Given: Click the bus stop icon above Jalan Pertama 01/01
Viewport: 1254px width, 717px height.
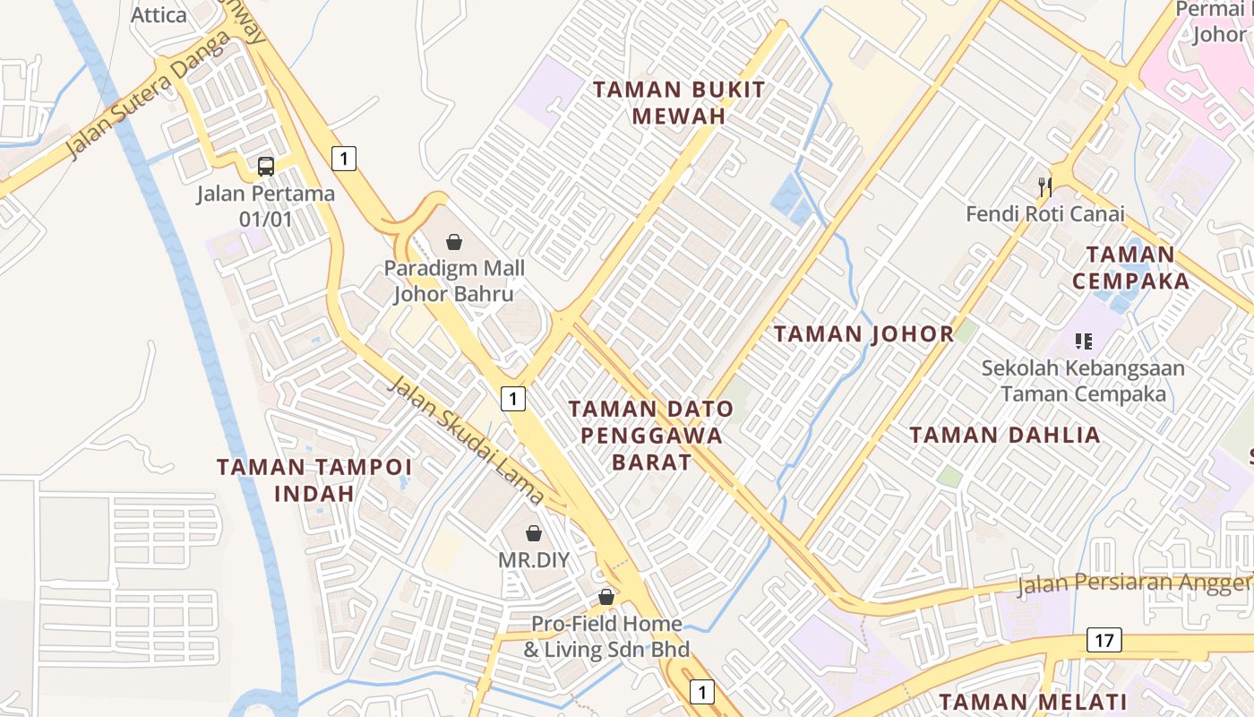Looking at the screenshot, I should click(x=266, y=166).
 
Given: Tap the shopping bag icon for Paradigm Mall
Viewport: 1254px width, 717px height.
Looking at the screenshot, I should click(x=454, y=242).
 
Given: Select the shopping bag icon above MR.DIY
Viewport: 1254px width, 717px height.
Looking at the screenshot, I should click(x=534, y=533).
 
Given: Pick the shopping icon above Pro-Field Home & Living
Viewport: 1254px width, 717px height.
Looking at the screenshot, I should click(x=606, y=597).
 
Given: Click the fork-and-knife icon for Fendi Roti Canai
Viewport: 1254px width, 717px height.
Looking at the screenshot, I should click(x=1044, y=187).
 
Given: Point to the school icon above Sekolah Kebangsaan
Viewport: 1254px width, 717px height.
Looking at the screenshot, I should click(x=1084, y=341).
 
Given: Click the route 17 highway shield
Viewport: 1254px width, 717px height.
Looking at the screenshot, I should click(x=1104, y=640).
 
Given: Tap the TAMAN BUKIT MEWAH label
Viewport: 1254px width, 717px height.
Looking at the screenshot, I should click(x=679, y=102).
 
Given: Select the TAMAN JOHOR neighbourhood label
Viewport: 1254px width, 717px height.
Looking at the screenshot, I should click(x=863, y=334).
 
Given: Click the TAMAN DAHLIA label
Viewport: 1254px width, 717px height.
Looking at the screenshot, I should click(x=1005, y=436).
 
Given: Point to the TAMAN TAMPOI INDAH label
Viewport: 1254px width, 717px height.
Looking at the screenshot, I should click(x=314, y=479).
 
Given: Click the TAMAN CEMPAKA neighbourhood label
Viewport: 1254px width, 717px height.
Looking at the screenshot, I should click(x=1130, y=267).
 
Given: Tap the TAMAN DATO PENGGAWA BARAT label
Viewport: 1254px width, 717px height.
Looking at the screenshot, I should click(x=651, y=436).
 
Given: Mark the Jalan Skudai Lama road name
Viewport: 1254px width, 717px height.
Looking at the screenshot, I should click(x=466, y=440).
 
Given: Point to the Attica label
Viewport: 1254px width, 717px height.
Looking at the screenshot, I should click(x=159, y=14).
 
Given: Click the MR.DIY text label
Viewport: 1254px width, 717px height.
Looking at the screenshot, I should click(x=534, y=560).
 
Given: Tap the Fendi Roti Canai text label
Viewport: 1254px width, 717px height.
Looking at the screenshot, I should click(x=1044, y=214).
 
